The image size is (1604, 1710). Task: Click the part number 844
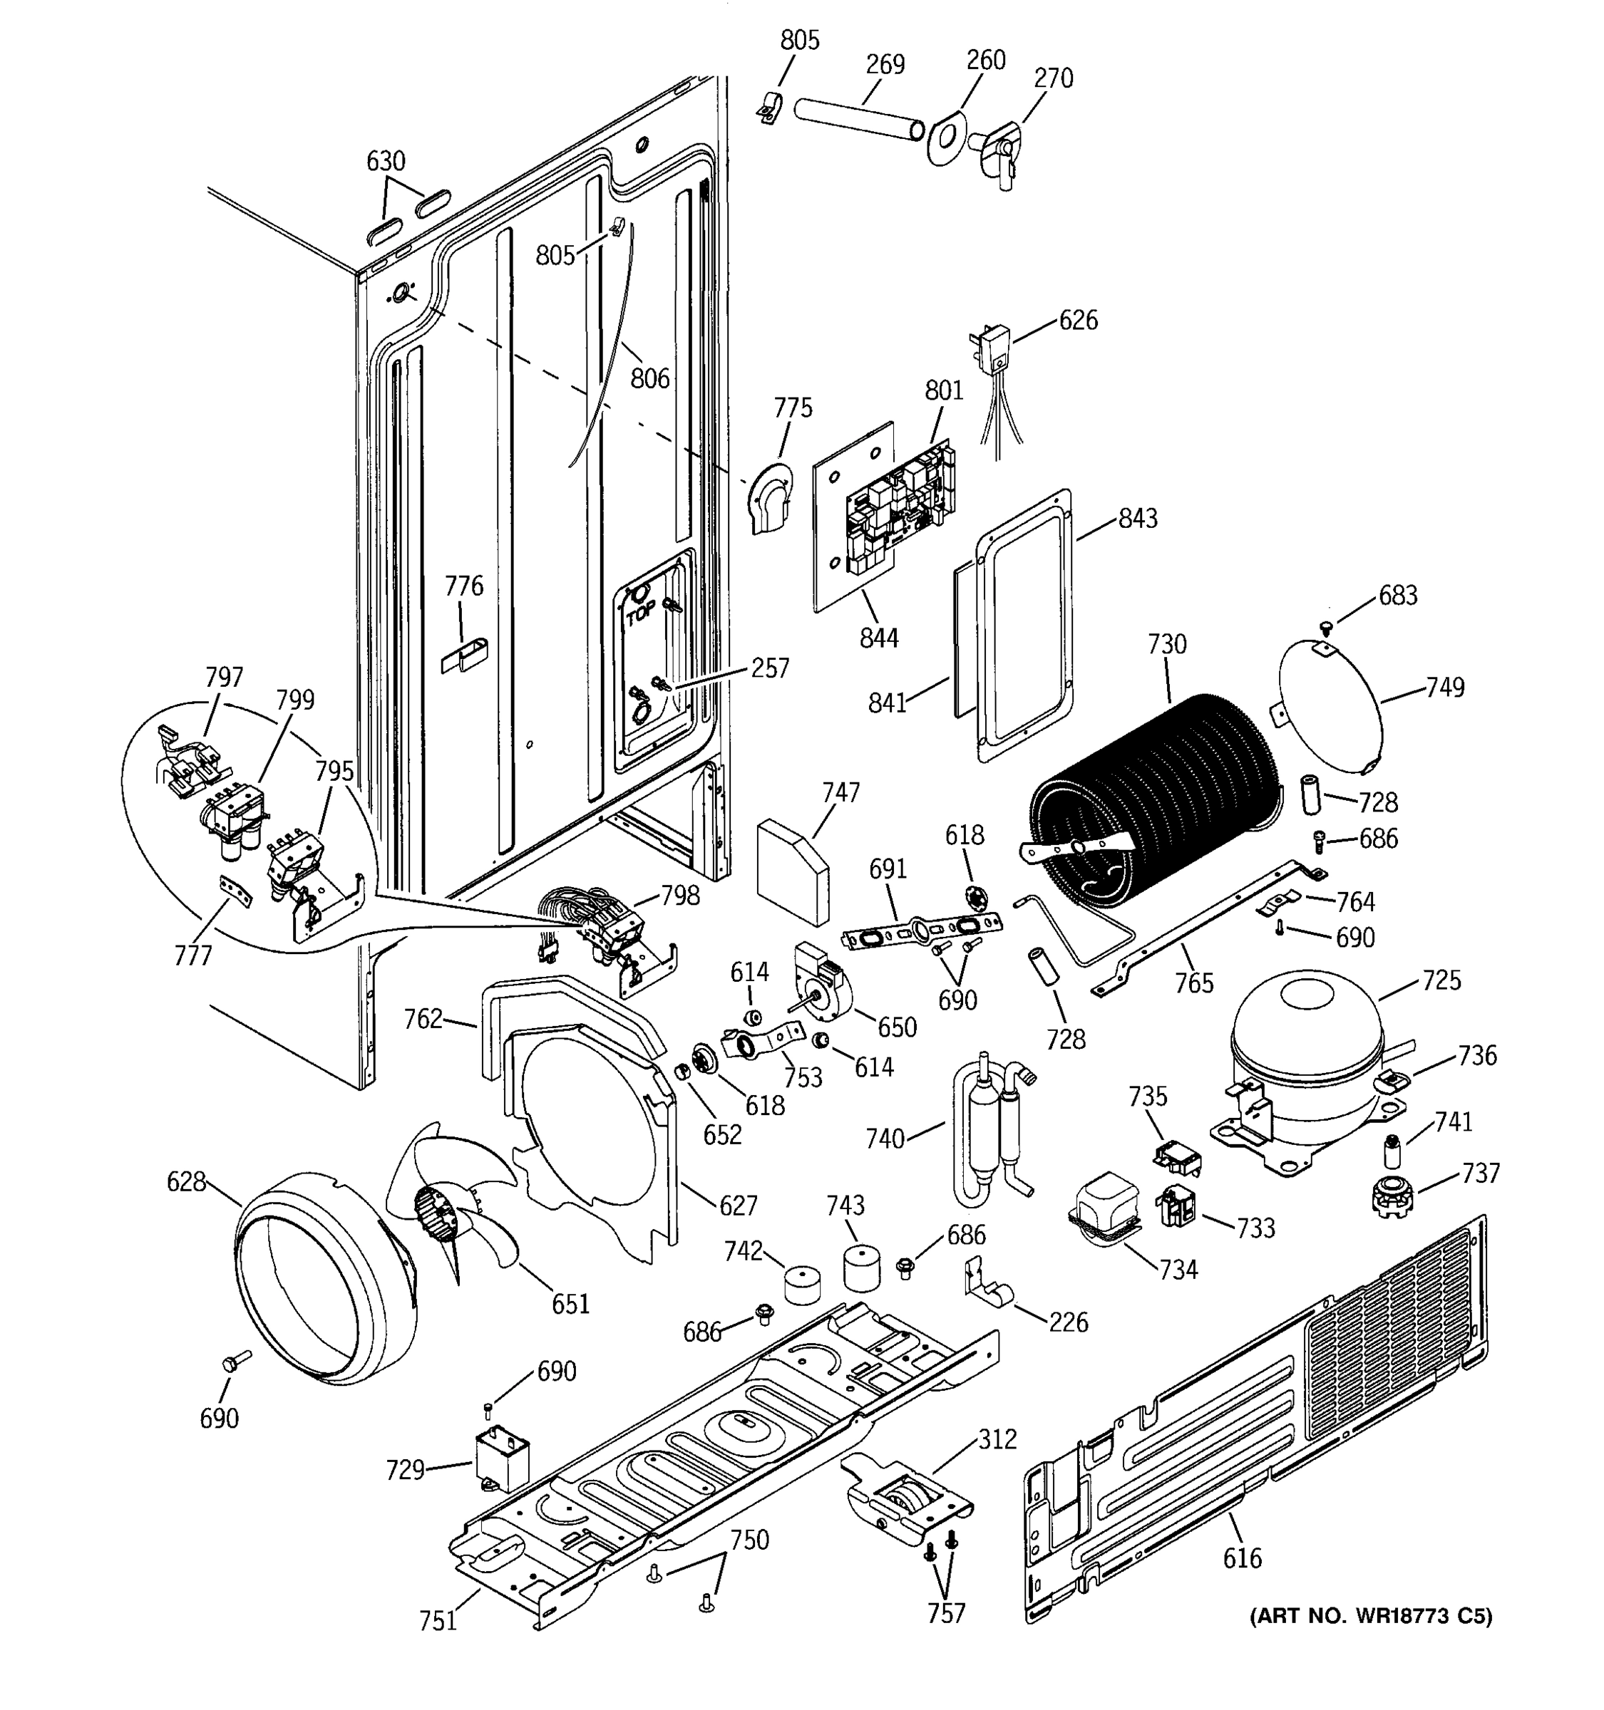click(878, 638)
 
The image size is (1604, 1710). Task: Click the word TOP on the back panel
click(640, 614)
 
